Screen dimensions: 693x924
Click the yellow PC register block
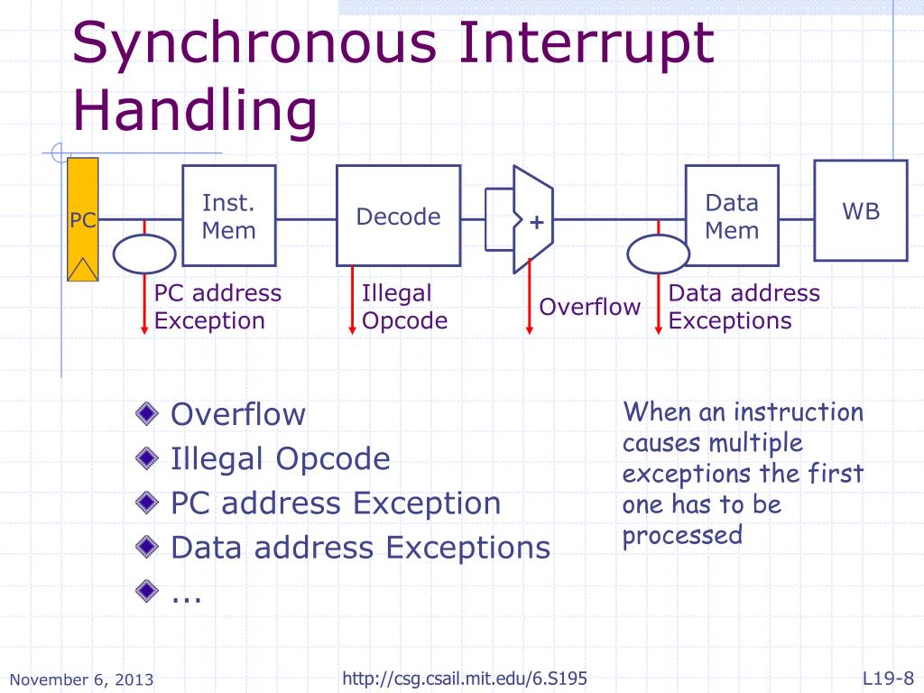pos(83,219)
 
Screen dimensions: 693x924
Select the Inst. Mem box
pos(229,216)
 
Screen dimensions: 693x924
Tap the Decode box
pos(398,217)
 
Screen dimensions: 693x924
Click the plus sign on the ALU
pos(537,221)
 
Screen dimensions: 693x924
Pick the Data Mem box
pos(731,217)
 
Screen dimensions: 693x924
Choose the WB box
pos(861,210)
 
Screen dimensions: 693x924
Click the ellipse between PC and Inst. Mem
pos(144,254)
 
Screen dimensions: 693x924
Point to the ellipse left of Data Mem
pos(659,254)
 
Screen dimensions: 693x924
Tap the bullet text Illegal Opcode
pos(280,458)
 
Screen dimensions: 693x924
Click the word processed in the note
pos(681,535)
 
